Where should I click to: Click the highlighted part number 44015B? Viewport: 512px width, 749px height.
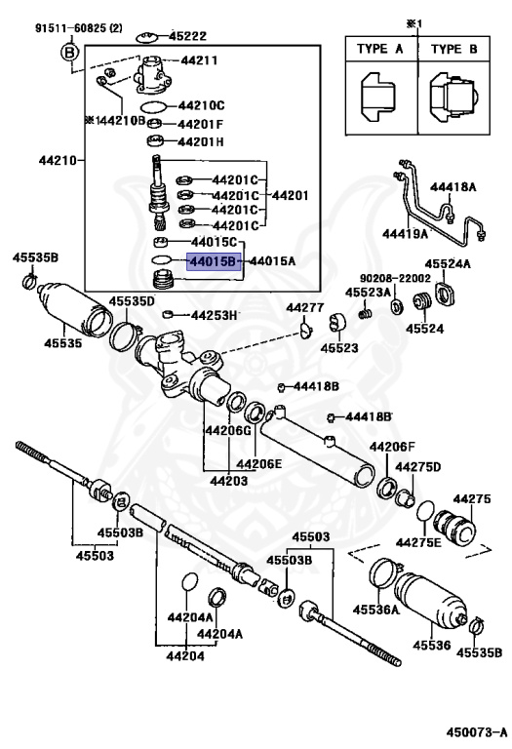(x=213, y=261)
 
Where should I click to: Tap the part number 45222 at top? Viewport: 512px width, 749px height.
(x=186, y=35)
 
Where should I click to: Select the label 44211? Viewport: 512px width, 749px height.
(x=198, y=60)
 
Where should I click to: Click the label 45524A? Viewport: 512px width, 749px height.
(x=448, y=263)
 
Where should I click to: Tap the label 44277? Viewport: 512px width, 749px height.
(x=304, y=308)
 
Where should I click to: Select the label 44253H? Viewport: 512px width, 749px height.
(x=215, y=315)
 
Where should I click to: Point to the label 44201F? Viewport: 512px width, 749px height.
(x=200, y=124)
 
